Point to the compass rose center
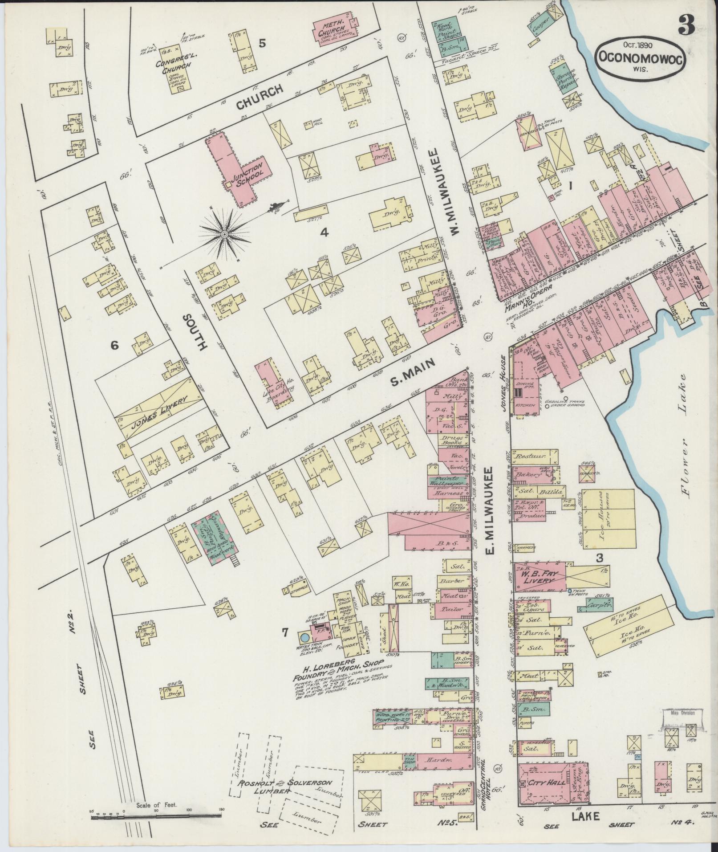click(225, 233)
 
